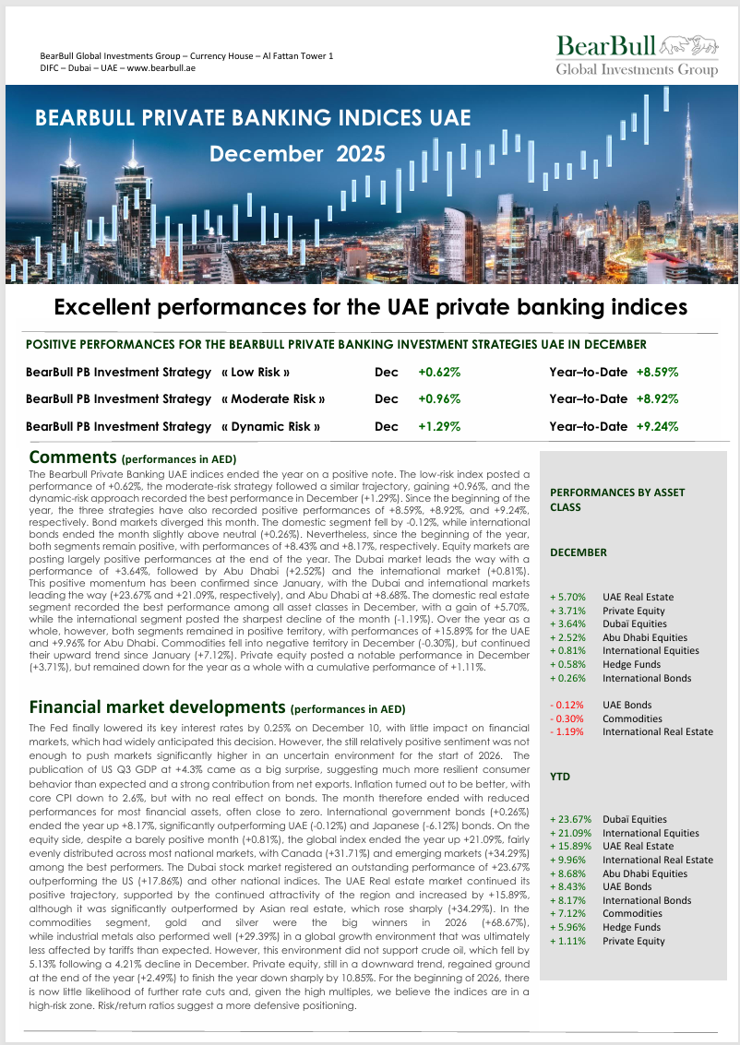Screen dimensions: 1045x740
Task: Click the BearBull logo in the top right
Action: tap(637, 55)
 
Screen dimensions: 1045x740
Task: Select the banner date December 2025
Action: tap(297, 154)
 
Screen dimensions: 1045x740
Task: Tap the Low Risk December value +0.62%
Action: tap(439, 373)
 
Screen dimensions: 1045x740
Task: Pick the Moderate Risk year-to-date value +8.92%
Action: tap(658, 399)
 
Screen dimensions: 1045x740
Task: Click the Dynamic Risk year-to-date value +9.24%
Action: tap(658, 427)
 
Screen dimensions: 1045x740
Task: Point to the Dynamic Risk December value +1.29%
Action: tap(439, 427)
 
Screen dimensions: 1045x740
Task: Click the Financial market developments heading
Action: tap(156, 707)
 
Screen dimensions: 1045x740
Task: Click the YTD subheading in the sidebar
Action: tap(560, 777)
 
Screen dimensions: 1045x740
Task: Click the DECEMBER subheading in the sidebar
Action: tap(579, 552)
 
